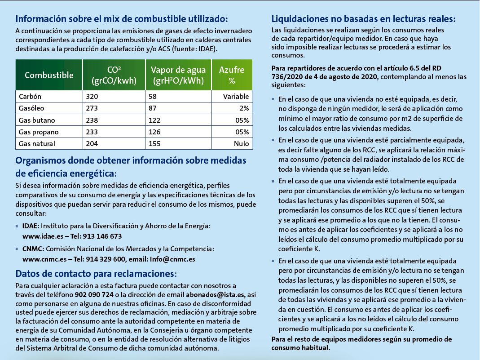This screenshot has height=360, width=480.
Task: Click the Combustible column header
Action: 49,75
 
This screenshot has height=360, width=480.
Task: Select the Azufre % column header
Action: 232,75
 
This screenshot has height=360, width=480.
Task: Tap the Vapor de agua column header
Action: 178,75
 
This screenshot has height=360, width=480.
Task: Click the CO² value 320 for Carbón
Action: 91,97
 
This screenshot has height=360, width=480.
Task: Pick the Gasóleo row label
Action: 31,108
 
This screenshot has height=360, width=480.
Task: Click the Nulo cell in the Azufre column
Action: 241,144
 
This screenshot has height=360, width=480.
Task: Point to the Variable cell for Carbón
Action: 236,97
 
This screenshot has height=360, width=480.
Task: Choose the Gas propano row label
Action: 37,132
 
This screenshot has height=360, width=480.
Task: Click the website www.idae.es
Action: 42,236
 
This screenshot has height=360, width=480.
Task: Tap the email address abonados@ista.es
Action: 215,295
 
